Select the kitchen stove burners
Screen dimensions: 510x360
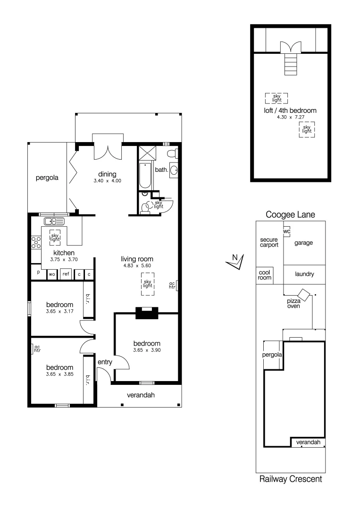point(36,242)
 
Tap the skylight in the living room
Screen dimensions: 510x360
point(148,284)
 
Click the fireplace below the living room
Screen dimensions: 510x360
point(147,313)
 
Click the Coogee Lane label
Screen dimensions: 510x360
point(290,214)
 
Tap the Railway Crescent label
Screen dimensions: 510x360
point(291,479)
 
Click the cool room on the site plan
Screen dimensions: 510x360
point(264,275)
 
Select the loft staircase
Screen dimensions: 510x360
point(290,63)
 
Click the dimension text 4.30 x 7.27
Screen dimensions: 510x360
point(290,117)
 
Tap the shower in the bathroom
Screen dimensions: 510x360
point(147,153)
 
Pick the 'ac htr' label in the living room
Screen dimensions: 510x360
point(172,285)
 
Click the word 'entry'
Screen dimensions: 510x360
point(104,362)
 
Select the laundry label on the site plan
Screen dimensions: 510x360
point(304,274)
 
